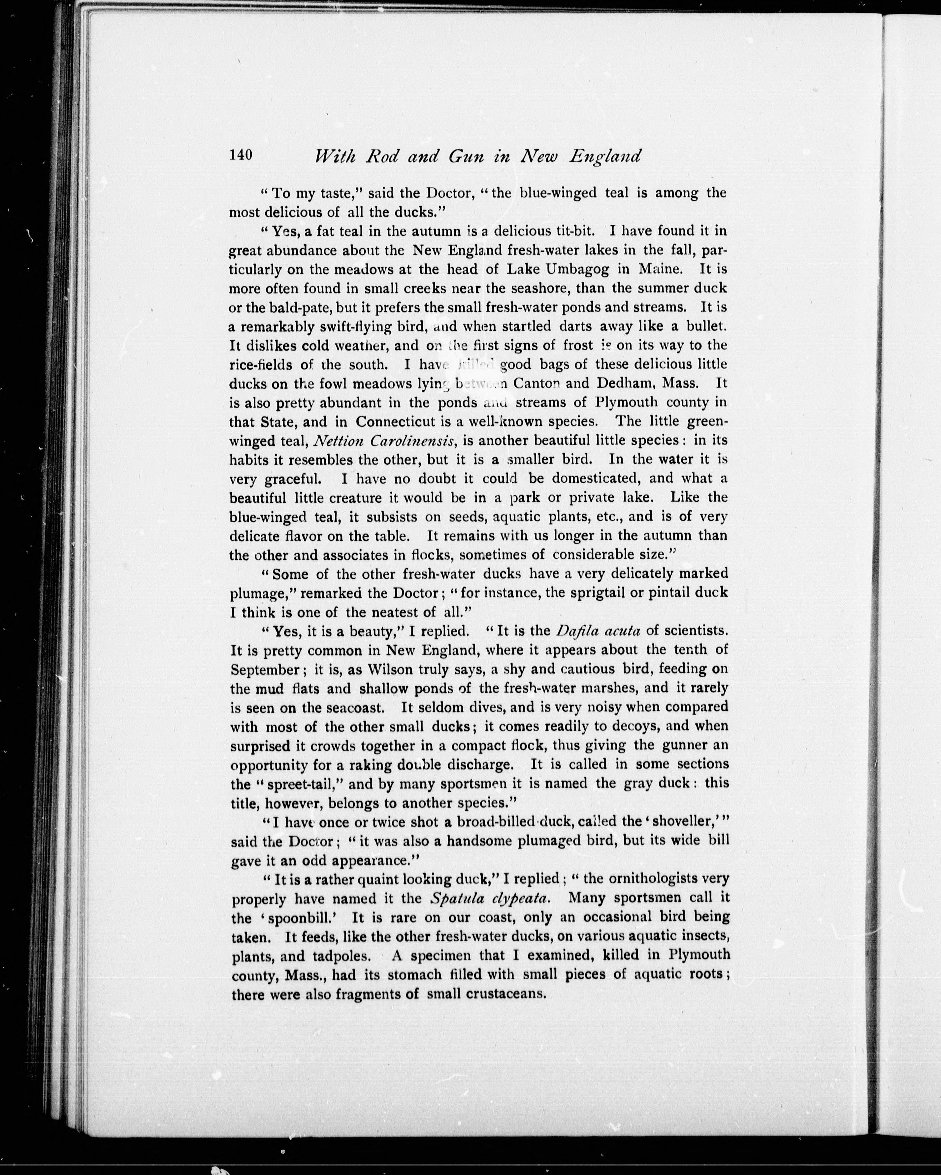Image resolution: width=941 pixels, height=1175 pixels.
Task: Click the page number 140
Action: point(241,155)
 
